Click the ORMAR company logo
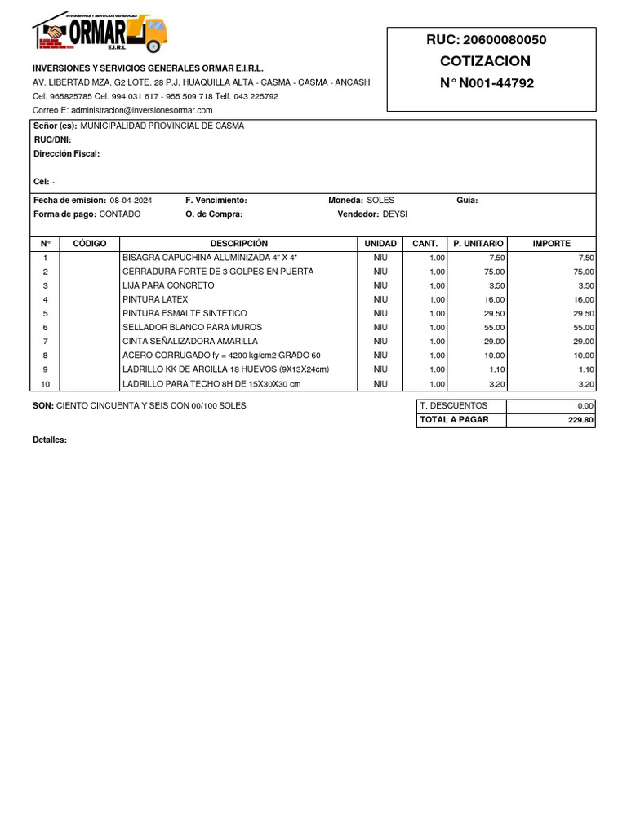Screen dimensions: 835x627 click(x=100, y=33)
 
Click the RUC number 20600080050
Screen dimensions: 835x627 click(x=504, y=40)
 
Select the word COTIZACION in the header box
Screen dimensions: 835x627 click(x=485, y=61)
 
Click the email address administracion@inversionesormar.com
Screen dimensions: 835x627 click(x=141, y=110)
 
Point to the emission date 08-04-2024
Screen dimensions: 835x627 click(x=131, y=201)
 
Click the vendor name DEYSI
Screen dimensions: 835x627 click(x=394, y=214)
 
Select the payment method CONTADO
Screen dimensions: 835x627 click(x=120, y=214)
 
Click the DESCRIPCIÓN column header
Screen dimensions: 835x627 click(x=238, y=244)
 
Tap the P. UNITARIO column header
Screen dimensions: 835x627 click(x=478, y=244)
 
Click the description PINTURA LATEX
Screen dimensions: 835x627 click(x=155, y=299)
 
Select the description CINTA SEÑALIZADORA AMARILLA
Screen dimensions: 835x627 click(x=190, y=341)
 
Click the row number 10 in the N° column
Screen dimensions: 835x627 click(x=46, y=384)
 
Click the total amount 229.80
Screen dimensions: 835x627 click(x=581, y=420)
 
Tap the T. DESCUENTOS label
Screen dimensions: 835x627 click(x=453, y=406)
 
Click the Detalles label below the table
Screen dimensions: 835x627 click(x=50, y=440)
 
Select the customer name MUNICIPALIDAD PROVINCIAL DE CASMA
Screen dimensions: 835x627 click(x=162, y=126)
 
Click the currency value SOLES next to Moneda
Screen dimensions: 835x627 click(x=380, y=201)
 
